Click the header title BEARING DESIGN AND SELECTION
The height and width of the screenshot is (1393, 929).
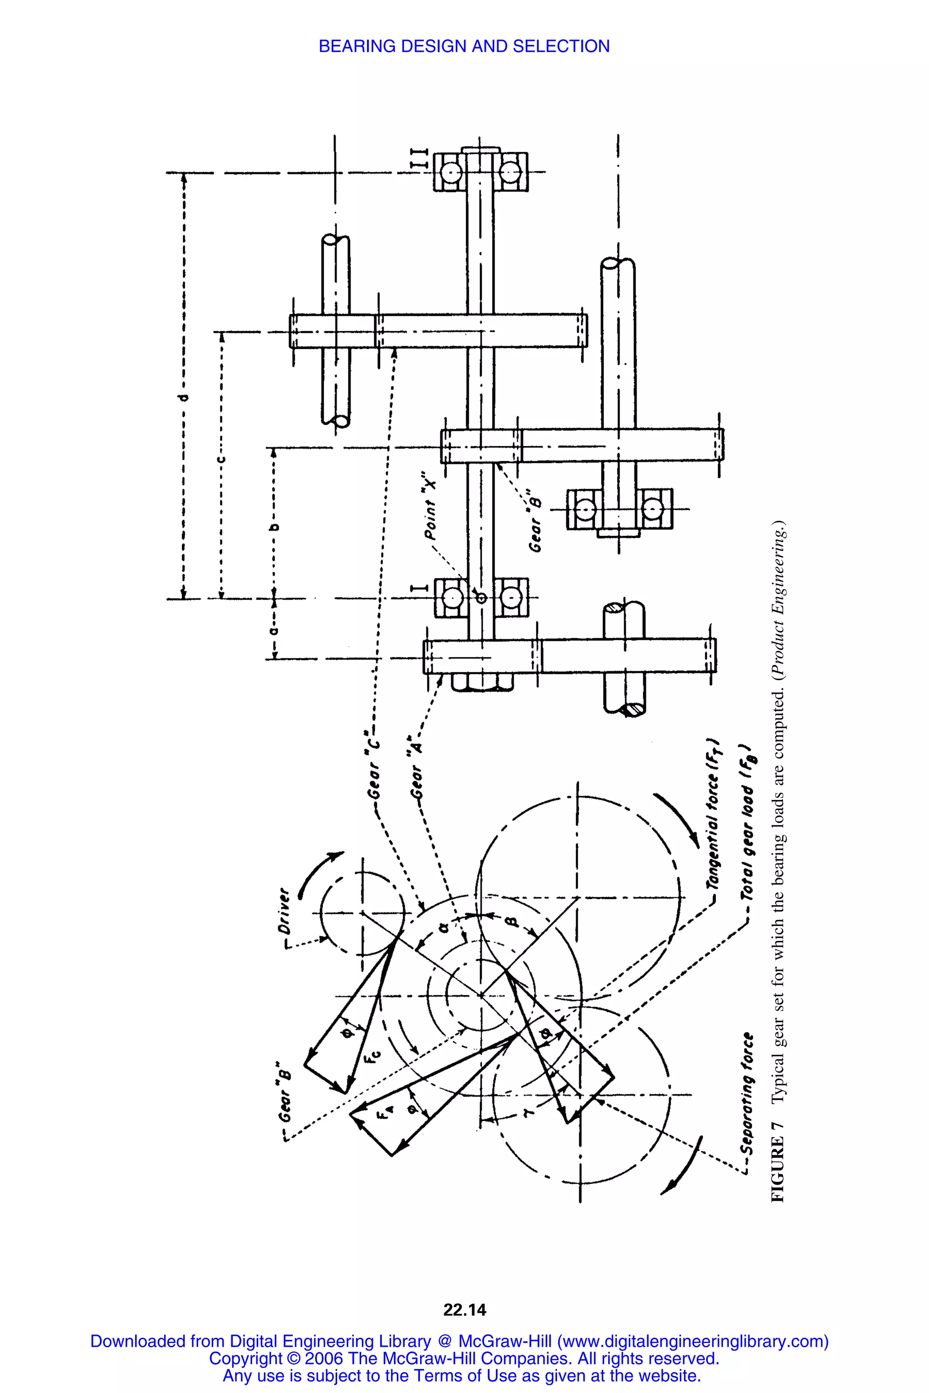pyautogui.click(x=464, y=46)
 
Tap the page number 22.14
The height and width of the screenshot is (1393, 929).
pyautogui.click(x=464, y=1310)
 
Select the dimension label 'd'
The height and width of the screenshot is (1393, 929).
pyautogui.click(x=184, y=397)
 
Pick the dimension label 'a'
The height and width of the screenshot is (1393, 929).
pyautogui.click(x=274, y=631)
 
